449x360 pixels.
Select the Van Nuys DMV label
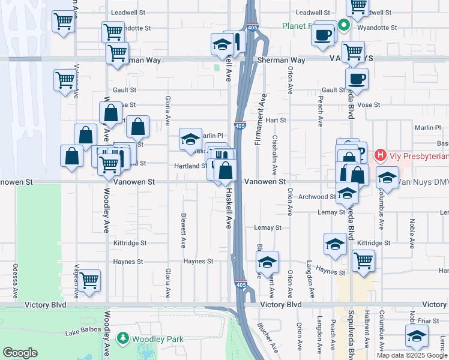[x=424, y=181]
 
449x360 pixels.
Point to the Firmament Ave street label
[x=262, y=120]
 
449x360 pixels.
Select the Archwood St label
[x=319, y=197]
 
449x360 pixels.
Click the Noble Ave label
[x=412, y=233]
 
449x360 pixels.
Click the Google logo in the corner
[x=20, y=353]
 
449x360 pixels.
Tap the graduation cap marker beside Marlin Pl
[x=190, y=140]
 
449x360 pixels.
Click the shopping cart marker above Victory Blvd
[x=89, y=280]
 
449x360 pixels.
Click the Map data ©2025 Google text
[x=412, y=355]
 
